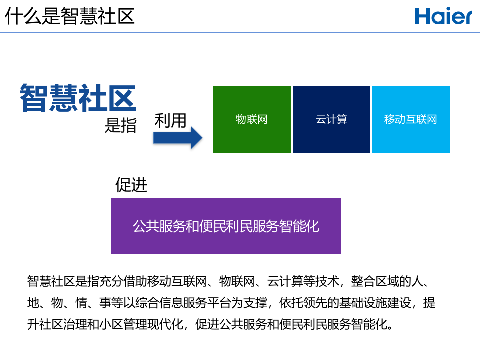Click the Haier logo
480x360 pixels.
[443, 16]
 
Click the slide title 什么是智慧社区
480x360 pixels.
[70, 16]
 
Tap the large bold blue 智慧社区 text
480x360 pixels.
[78, 98]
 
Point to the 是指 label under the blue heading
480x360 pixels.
[120, 125]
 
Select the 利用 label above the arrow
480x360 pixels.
[170, 120]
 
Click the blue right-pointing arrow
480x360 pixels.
[177, 138]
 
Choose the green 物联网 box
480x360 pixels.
[252, 119]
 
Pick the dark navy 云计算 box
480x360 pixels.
[331, 119]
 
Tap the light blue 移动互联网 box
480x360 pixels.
[411, 119]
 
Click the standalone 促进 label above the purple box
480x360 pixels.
[131, 185]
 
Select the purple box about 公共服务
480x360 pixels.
[226, 226]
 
